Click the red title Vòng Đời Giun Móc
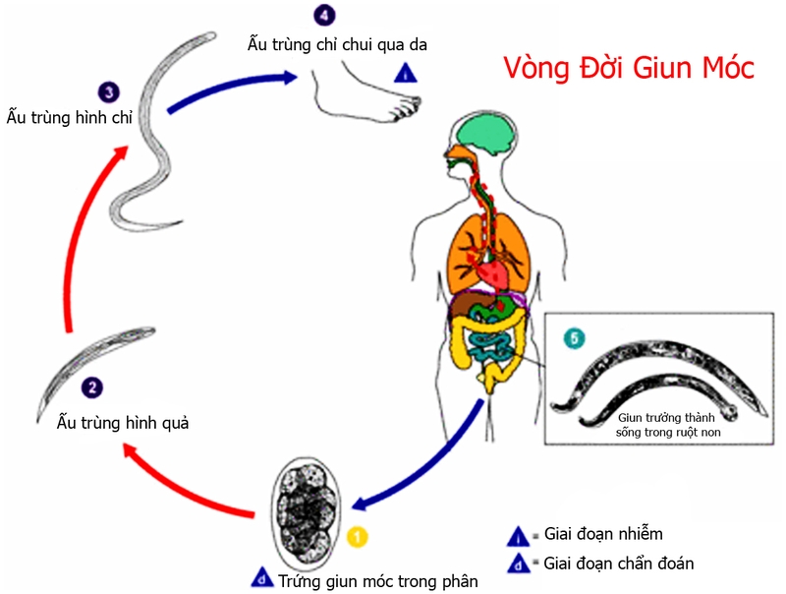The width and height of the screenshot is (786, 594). click(629, 68)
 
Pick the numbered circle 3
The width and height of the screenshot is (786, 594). click(110, 91)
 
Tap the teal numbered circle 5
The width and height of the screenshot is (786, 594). click(574, 338)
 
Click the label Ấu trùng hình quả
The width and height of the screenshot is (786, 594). click(123, 424)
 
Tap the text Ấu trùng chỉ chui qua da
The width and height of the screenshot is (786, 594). click(336, 43)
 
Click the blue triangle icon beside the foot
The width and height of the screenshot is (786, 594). click(404, 72)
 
